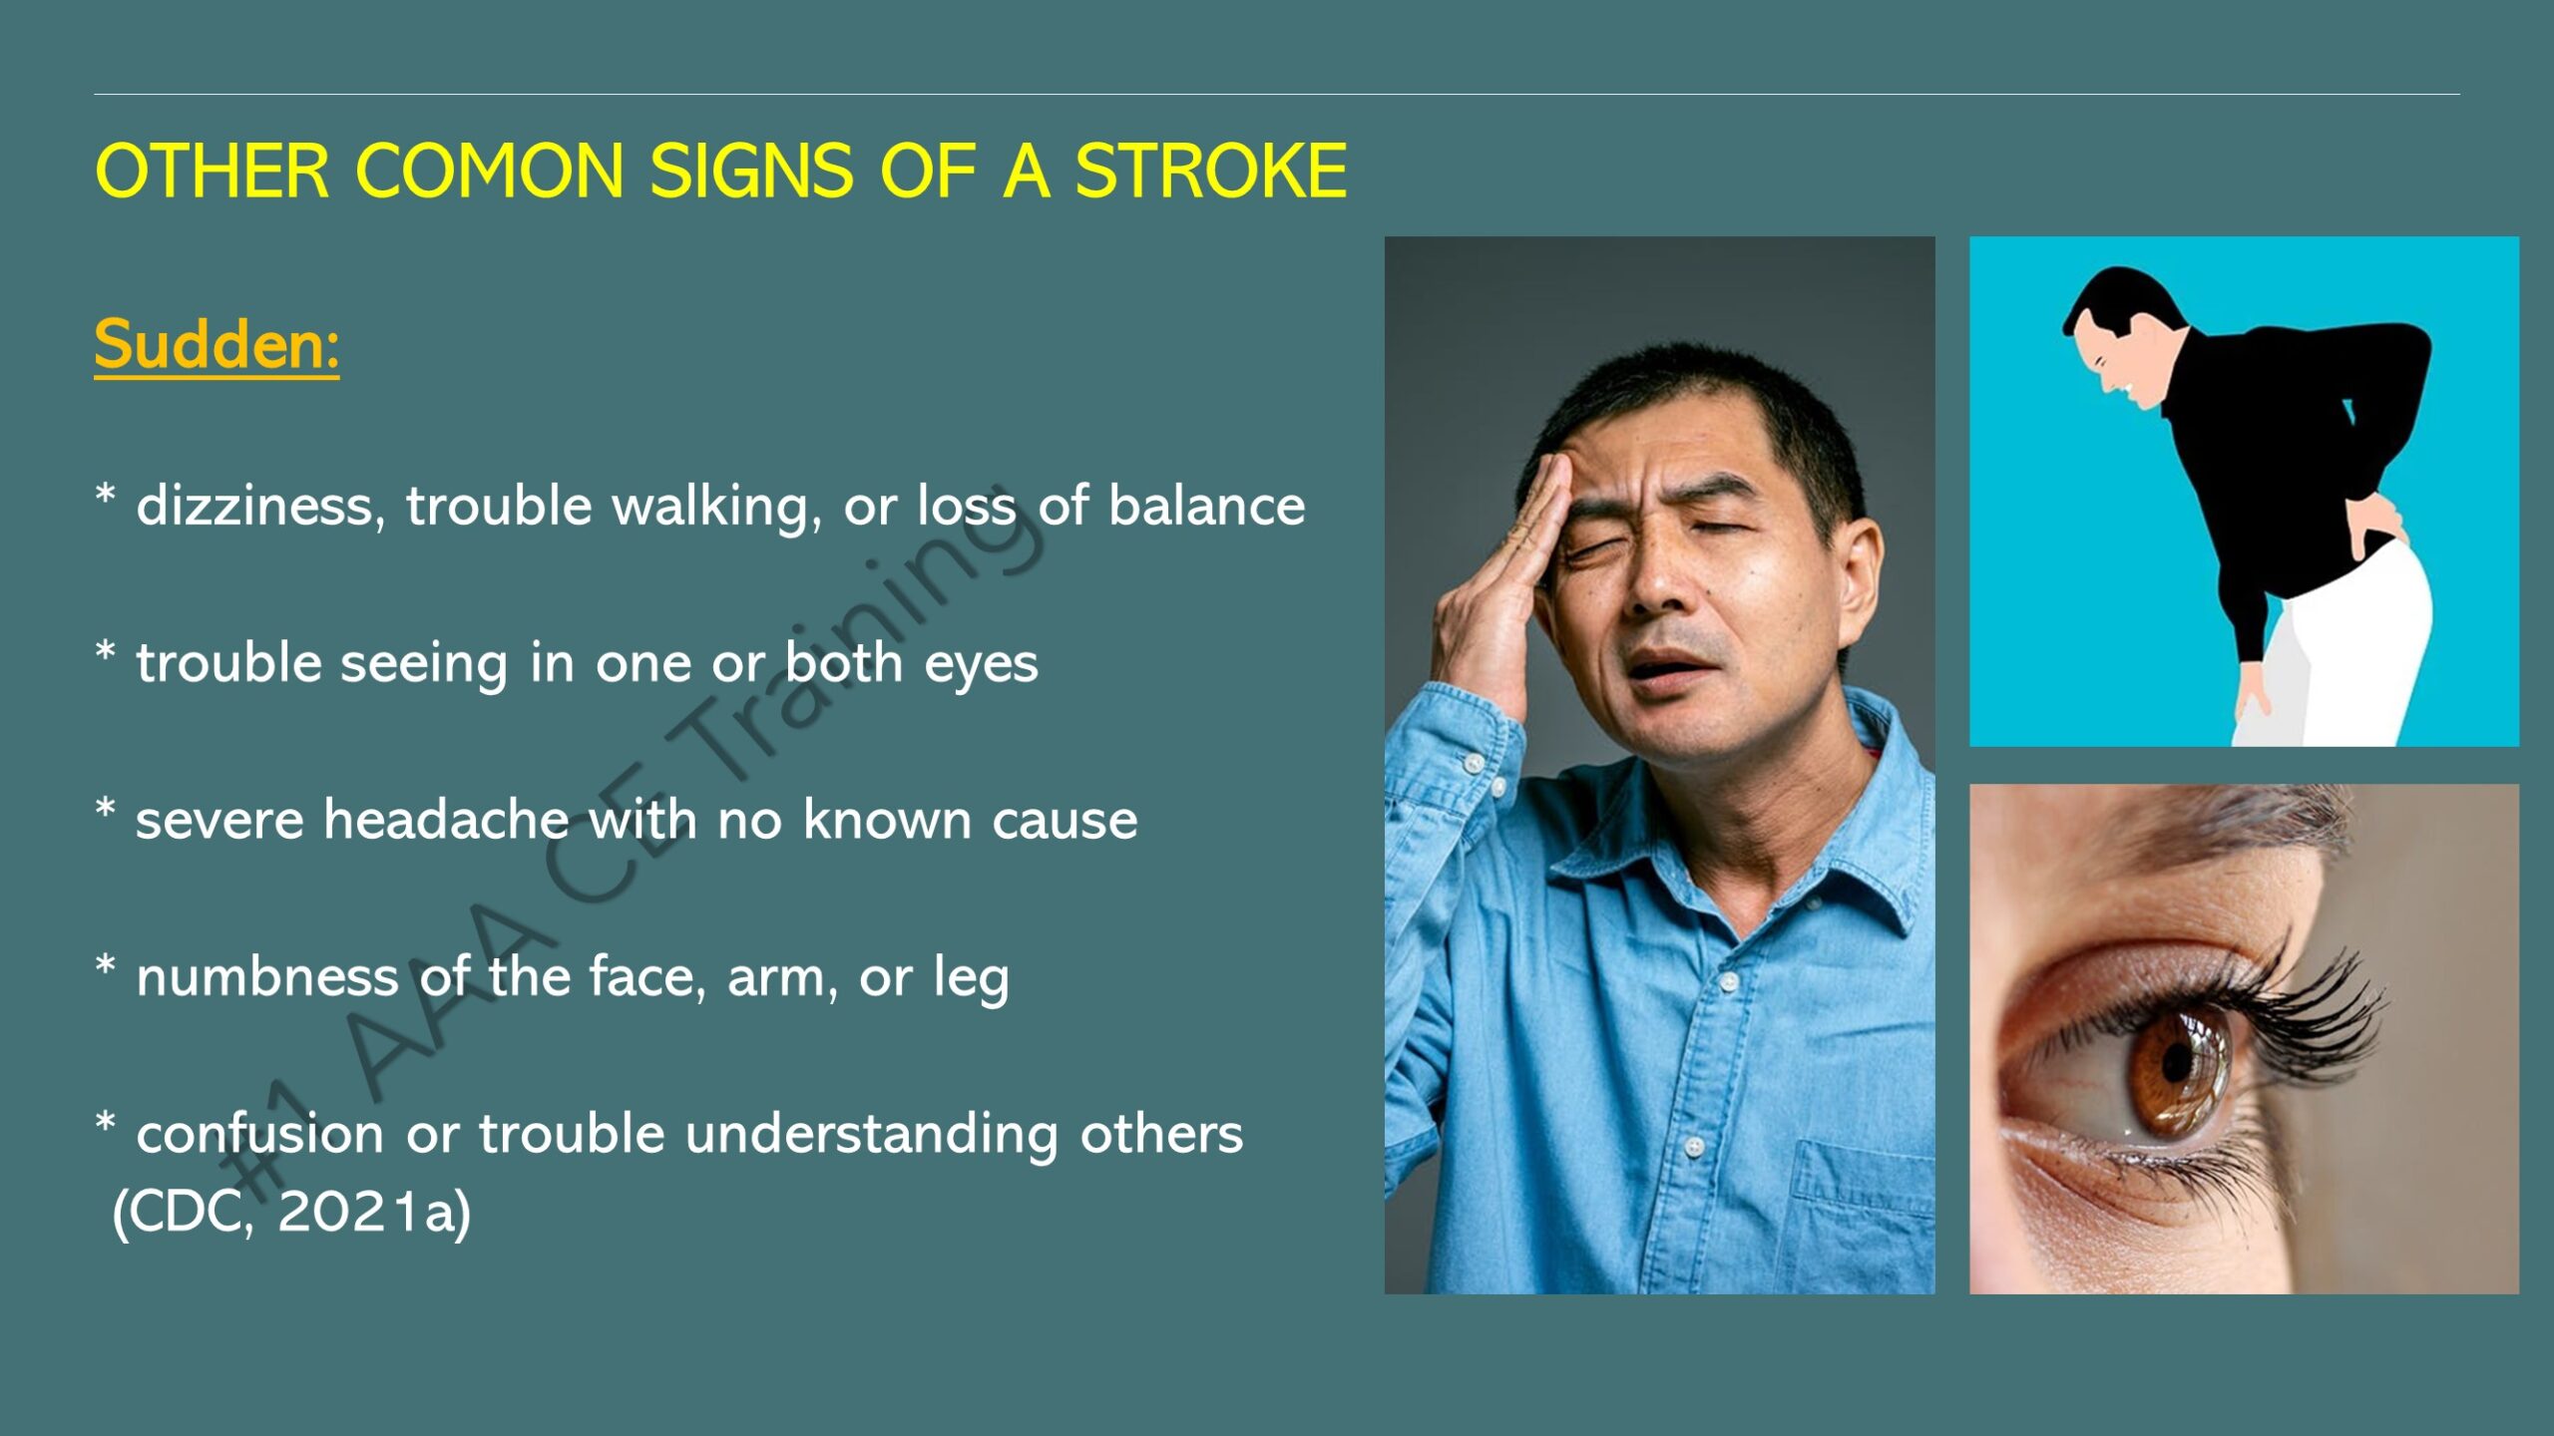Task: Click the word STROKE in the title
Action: coord(1210,171)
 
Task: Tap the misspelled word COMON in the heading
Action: coord(490,171)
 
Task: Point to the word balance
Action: coord(1206,505)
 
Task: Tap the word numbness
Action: coord(267,976)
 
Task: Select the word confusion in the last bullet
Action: coord(259,1134)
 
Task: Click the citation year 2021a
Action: coord(373,1212)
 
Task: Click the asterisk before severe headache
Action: coord(105,809)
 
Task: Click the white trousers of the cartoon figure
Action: coord(2344,648)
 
